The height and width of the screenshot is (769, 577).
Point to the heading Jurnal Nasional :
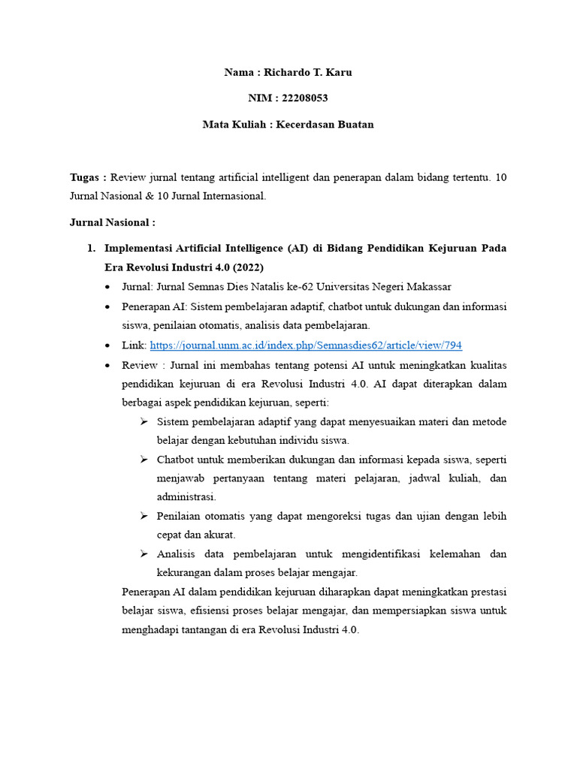(x=112, y=222)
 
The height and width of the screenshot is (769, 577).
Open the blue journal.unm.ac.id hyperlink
(x=306, y=345)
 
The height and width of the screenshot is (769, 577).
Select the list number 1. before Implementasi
(x=92, y=248)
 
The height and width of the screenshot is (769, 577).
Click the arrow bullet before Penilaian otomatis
(x=144, y=516)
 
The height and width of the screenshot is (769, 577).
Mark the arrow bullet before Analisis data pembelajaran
(x=144, y=554)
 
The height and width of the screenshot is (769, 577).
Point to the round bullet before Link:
(x=110, y=345)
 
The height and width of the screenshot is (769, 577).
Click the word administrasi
(x=186, y=496)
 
